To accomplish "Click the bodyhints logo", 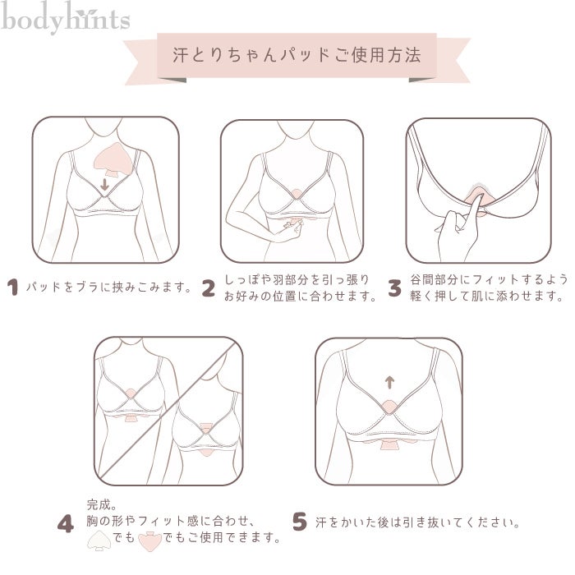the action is tap(65, 18).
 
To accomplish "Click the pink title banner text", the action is tap(297, 55).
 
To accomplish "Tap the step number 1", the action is tap(13, 287).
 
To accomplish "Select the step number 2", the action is tap(209, 287).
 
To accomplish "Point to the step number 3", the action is tap(394, 287).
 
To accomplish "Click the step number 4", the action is tap(66, 524).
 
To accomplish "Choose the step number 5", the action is tap(299, 522).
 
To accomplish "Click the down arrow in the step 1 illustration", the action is tap(105, 185).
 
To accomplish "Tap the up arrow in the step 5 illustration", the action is tap(389, 382).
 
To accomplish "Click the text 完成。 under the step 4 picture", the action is tap(102, 505).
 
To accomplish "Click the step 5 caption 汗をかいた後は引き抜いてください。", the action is tap(417, 522).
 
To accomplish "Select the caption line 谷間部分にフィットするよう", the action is tap(489, 279).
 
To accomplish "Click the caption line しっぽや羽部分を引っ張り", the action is tap(297, 279).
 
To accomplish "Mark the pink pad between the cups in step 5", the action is tap(389, 407).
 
